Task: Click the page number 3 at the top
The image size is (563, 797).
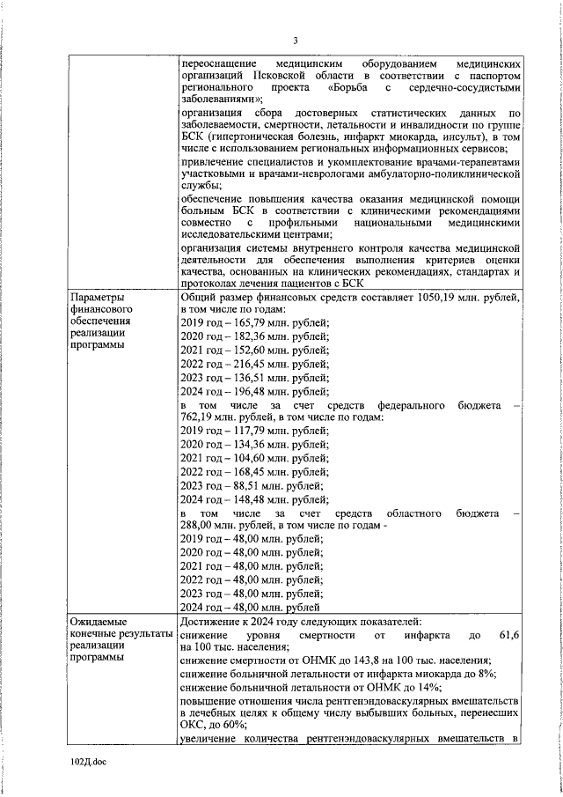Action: coord(296,41)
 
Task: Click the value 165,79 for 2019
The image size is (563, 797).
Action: coord(247,323)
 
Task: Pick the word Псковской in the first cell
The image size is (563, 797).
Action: coord(288,77)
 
